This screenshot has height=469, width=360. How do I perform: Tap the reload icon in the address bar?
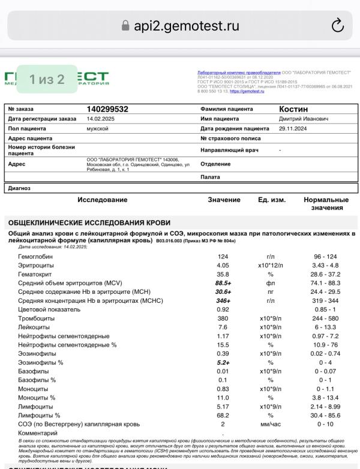pos(337,25)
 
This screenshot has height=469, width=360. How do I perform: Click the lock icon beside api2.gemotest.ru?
pos(125,26)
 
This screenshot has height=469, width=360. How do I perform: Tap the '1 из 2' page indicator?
pos(47,79)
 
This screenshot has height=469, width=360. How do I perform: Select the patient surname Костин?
pos(293,109)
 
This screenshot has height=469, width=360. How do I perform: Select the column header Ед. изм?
pos(272,200)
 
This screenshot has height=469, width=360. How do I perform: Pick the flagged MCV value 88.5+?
pos(223,282)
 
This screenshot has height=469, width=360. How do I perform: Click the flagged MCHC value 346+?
pos(223,300)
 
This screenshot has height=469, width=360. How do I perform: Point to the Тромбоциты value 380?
pos(223,318)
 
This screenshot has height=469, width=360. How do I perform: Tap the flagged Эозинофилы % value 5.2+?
pos(223,362)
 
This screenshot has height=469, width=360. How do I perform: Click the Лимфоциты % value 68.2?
pos(223,415)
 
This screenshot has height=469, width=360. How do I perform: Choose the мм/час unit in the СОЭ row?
pos(271,424)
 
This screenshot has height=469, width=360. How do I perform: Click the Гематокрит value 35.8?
pos(223,273)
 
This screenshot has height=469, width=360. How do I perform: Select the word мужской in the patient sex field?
pos(97,128)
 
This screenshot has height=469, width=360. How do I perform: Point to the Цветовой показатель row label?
pos(50,309)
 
